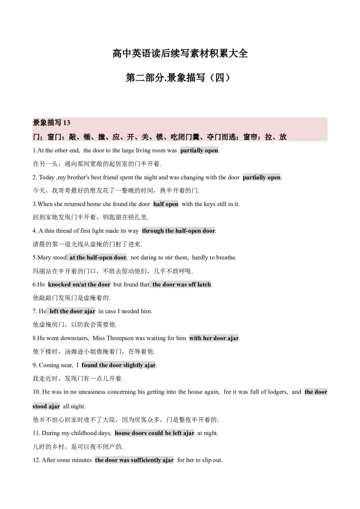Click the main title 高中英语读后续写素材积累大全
tap(180, 53)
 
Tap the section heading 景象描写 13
tap(51, 123)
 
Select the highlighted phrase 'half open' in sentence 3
tap(166, 204)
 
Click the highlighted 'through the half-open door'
tap(178, 231)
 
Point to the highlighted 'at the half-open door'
tap(98, 257)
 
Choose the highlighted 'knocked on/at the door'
tap(79, 284)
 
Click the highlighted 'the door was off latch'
tap(182, 284)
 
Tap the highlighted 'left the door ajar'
tap(72, 311)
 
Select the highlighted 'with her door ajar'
tap(214, 338)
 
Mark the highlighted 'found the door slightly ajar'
tap(119, 365)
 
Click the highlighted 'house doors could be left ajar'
tap(154, 433)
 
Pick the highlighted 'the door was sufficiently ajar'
tap(134, 460)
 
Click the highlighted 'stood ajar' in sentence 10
tap(46, 406)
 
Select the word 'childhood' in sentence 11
tap(84, 433)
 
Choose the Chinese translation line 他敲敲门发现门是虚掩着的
tap(72, 298)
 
